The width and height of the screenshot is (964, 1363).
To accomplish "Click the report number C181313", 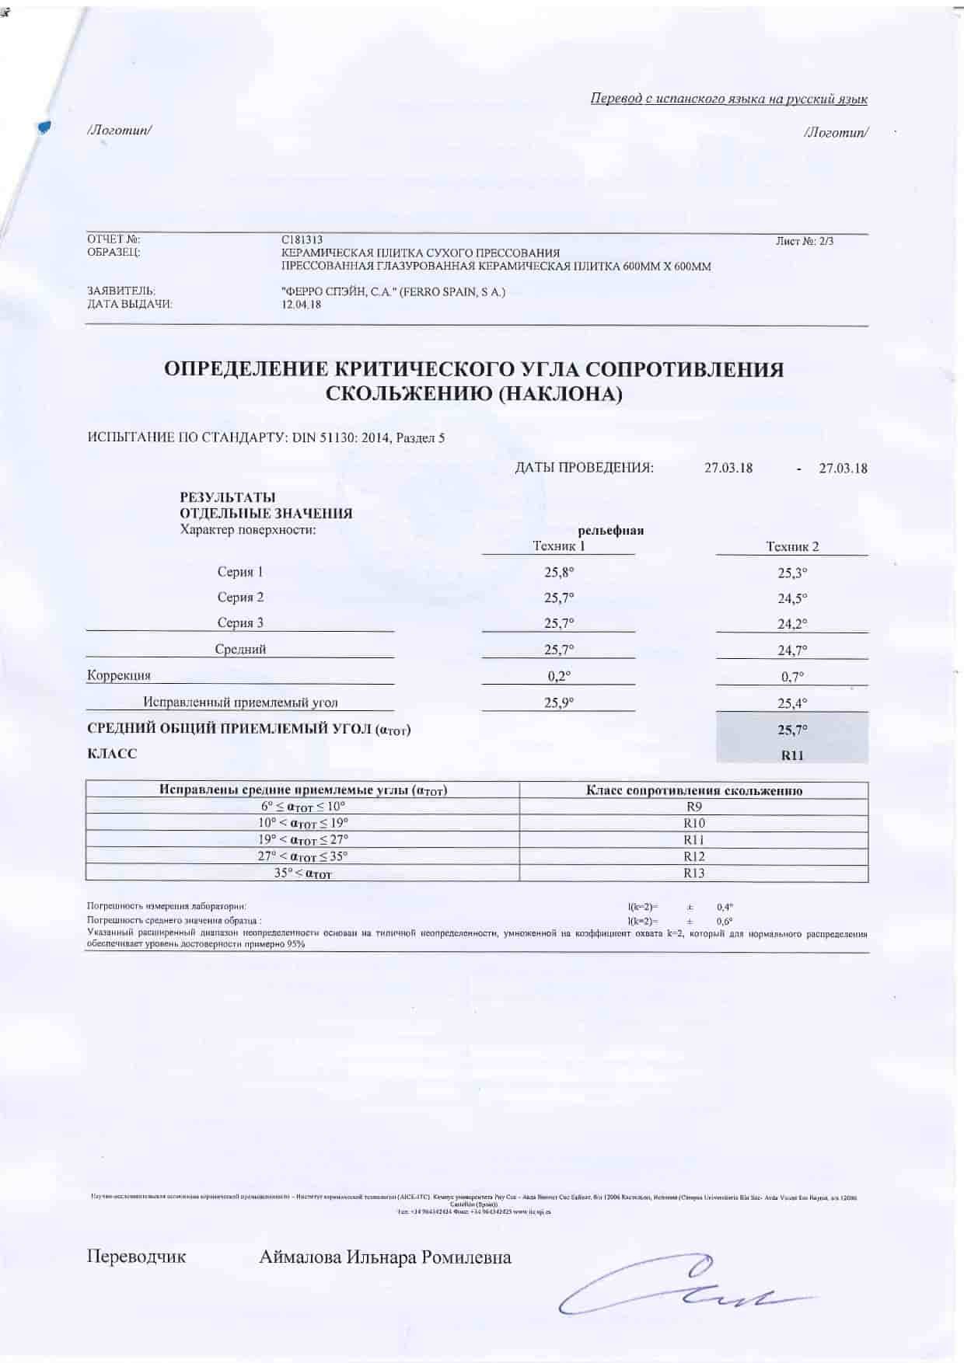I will [x=302, y=241].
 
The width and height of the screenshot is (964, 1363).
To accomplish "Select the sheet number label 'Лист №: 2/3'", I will [x=805, y=241].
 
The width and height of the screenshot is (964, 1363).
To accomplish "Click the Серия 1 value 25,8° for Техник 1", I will [x=559, y=572].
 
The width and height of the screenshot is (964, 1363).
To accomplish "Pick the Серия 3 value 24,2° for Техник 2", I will [x=792, y=623].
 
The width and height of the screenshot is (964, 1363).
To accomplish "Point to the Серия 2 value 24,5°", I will [x=792, y=598].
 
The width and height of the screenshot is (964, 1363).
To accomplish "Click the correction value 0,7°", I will [x=792, y=677].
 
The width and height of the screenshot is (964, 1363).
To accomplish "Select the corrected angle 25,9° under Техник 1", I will [x=559, y=702].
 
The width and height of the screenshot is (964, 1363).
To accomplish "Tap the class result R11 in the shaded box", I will [x=792, y=755].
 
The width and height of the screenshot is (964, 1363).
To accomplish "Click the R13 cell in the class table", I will [x=694, y=873].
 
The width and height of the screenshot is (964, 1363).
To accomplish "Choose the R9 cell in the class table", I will [x=694, y=807].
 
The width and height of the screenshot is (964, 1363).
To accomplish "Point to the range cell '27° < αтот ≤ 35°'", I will [x=303, y=856].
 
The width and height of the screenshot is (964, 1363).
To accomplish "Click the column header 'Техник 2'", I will [x=792, y=546].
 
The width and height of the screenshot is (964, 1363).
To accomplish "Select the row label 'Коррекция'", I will [x=119, y=675].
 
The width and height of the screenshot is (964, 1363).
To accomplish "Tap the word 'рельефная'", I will [x=610, y=531].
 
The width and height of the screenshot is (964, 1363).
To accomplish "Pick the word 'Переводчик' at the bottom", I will [x=136, y=1257].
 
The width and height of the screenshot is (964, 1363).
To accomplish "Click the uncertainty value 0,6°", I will [x=725, y=921].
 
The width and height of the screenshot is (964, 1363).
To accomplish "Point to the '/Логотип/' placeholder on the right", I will [x=837, y=132].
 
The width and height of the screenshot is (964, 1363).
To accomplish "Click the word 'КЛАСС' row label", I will [x=111, y=754].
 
